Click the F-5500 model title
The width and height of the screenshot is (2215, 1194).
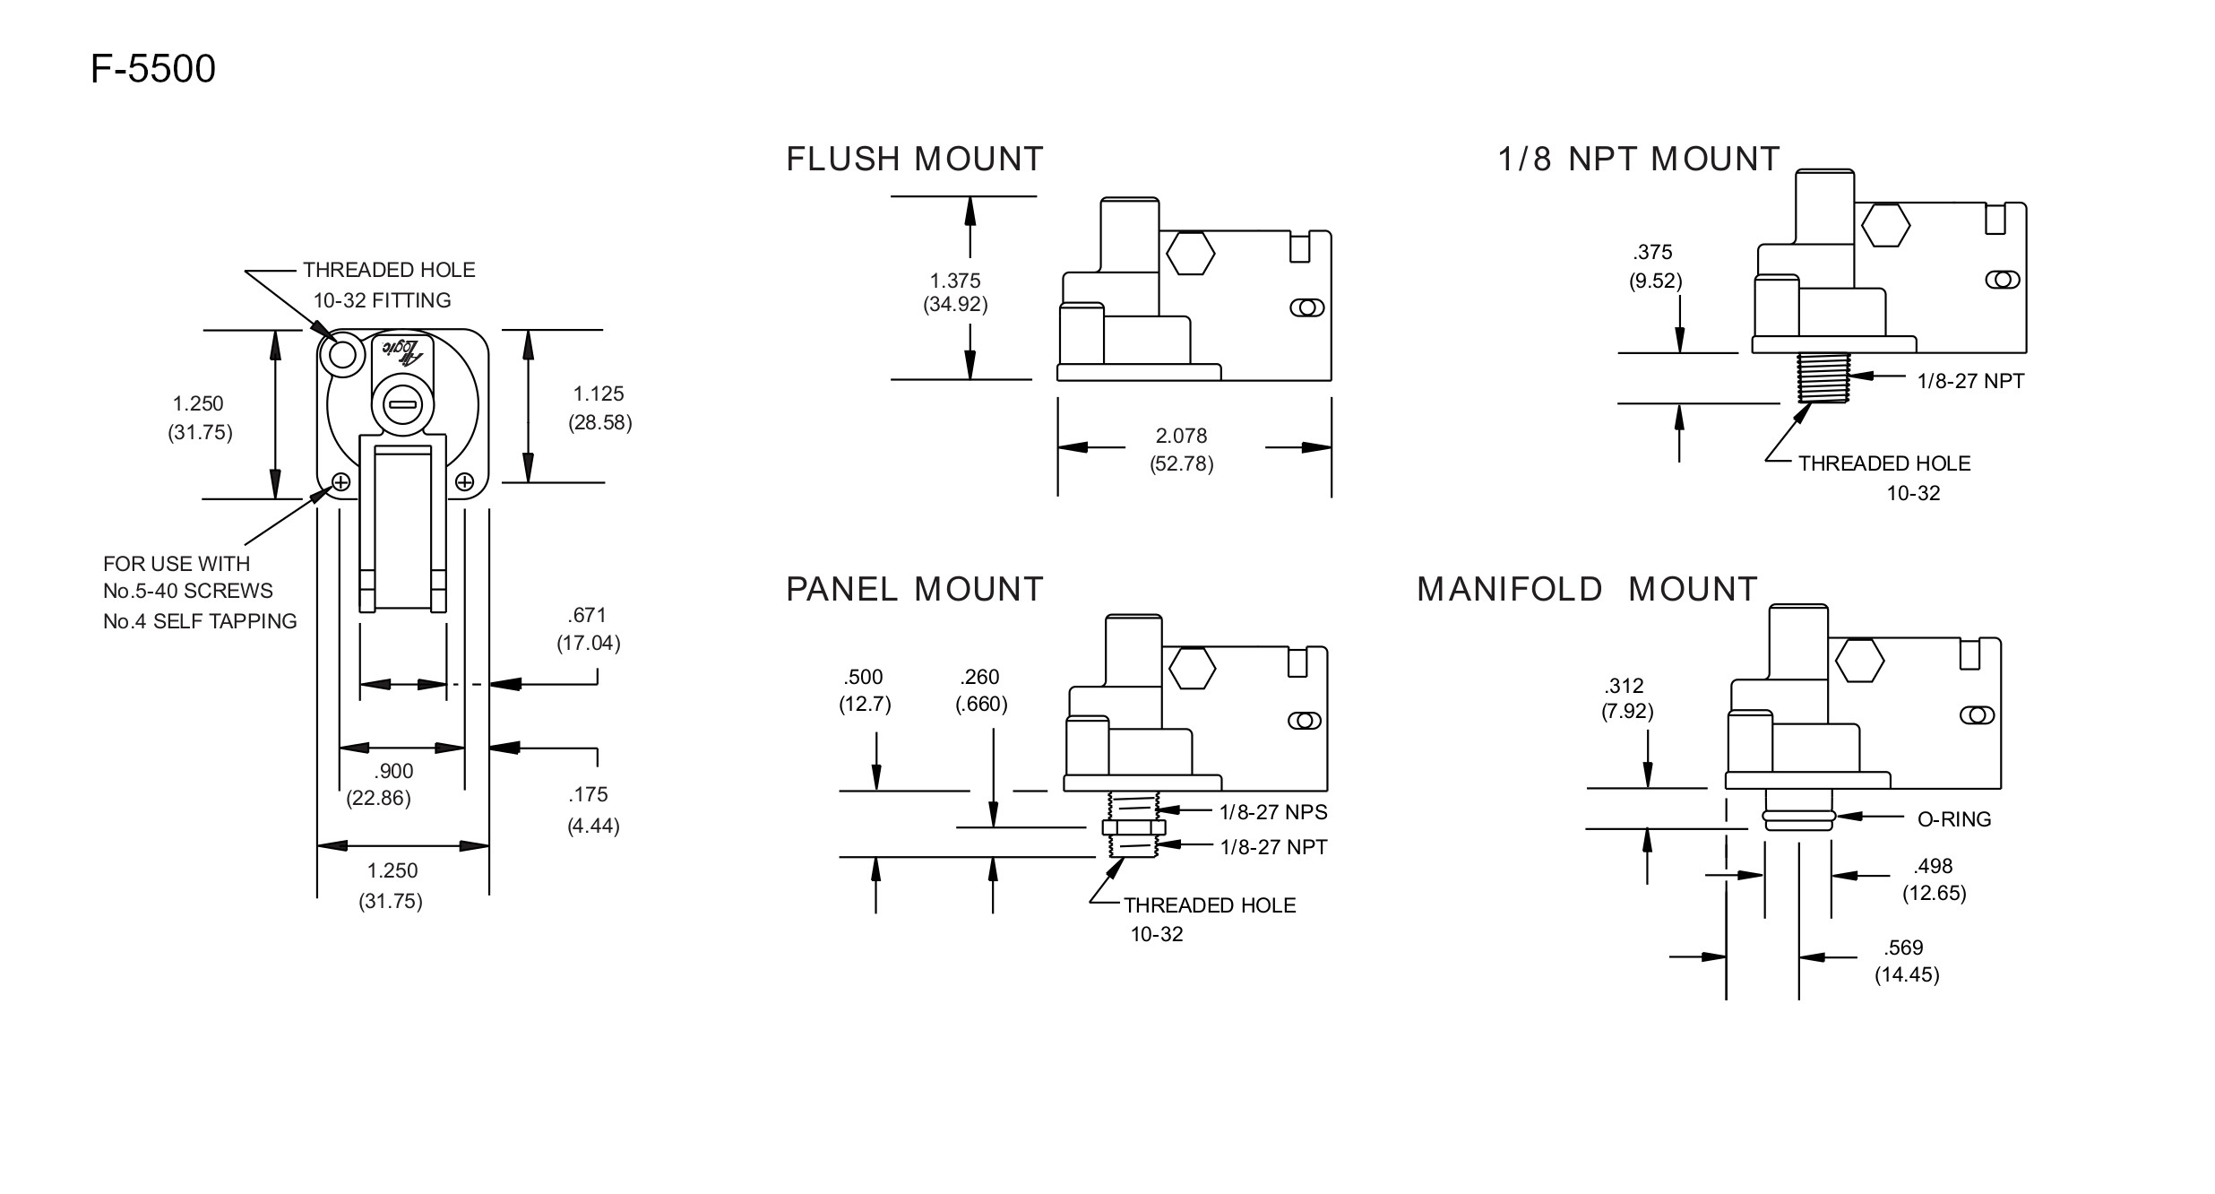[x=153, y=69]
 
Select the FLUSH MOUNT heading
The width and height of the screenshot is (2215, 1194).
[x=915, y=160]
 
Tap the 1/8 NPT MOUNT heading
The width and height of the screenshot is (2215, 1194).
[x=1639, y=160]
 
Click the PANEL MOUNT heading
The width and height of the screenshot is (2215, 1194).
[x=915, y=590]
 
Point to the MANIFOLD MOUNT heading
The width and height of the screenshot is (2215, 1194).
[x=1588, y=590]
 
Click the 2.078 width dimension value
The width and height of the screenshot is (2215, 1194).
[x=1181, y=436]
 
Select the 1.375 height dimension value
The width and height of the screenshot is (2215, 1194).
[x=955, y=281]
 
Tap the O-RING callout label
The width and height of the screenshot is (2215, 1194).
[x=1954, y=819]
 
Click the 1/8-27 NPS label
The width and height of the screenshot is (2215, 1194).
[x=1273, y=812]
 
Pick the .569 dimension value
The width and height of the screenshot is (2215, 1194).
[x=1903, y=947]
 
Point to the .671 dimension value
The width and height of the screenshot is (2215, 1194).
[x=587, y=615]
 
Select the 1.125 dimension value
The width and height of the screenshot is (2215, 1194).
[x=599, y=394]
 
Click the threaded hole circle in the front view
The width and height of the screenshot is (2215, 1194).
[x=343, y=356]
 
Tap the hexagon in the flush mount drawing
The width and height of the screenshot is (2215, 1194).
[x=1191, y=255]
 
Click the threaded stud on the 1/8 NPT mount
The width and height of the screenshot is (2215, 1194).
[x=1824, y=377]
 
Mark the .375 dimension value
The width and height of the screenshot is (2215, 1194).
[x=1653, y=253]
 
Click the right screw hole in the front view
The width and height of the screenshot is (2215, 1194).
[x=464, y=482]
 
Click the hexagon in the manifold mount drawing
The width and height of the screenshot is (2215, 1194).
[x=1859, y=662]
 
